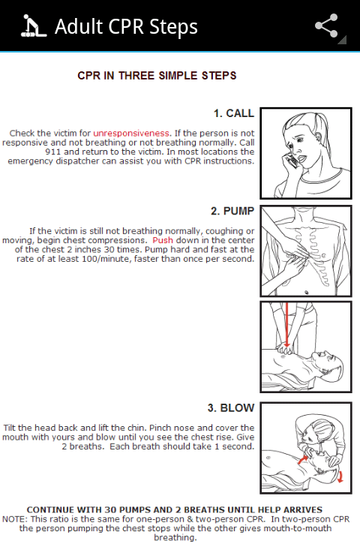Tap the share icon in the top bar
pos(326,26)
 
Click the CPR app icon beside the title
pos(34,26)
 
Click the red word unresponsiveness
pos(131,134)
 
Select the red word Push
pos(163,240)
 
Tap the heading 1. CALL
pos(234,113)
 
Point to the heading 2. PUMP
pos(232,211)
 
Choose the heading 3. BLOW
pos(231,407)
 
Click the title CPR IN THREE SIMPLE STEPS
pos(157,76)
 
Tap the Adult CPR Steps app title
pos(126,26)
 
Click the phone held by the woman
pos(292,161)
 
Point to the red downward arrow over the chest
pos(287,324)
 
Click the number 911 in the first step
pos(53,152)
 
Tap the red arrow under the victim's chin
pos(302,458)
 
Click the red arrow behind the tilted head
pos(340,476)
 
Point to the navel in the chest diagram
pos(307,293)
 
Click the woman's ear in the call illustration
pos(319,136)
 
